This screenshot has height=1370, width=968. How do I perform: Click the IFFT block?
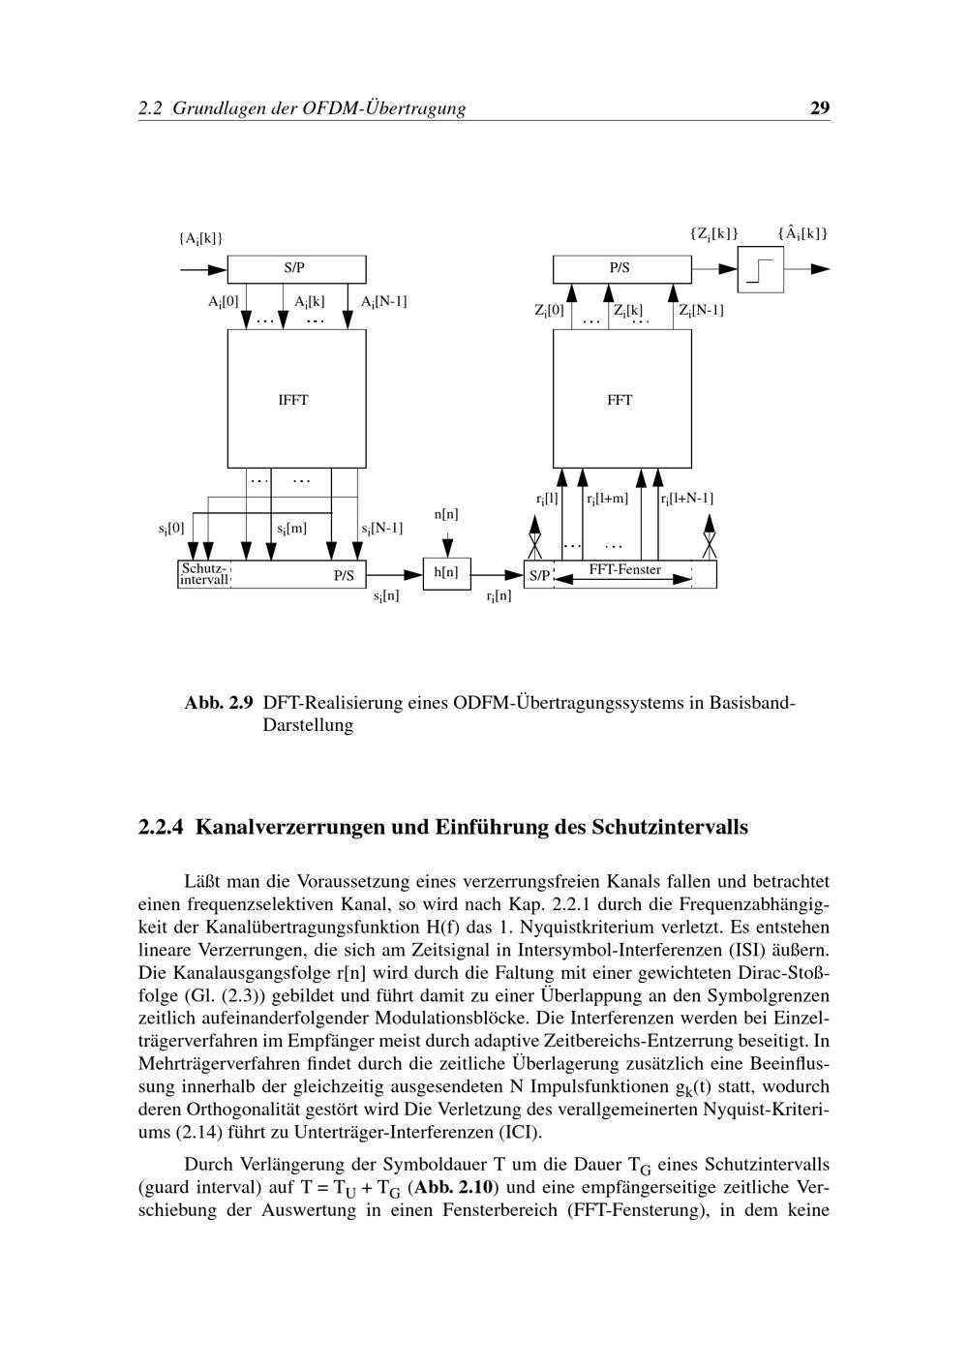pyautogui.click(x=296, y=399)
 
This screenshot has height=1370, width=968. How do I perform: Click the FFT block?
pyautogui.click(x=621, y=399)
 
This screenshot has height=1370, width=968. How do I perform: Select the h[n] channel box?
pyautogui.click(x=446, y=573)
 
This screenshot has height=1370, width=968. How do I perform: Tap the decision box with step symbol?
pyautogui.click(x=761, y=269)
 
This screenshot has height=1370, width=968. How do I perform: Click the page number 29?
pyautogui.click(x=819, y=108)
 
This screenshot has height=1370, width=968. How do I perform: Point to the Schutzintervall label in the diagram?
pyautogui.click(x=204, y=574)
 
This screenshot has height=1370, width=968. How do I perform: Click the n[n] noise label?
pyautogui.click(x=446, y=514)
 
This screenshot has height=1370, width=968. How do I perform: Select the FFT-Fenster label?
pyautogui.click(x=624, y=570)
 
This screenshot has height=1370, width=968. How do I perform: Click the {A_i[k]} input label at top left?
pyautogui.click(x=200, y=238)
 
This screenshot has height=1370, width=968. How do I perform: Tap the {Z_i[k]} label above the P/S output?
pyautogui.click(x=713, y=233)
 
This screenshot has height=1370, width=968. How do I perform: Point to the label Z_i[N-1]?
pyautogui.click(x=701, y=311)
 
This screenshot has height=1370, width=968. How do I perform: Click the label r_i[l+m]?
pyautogui.click(x=607, y=499)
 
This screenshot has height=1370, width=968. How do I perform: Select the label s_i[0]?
pyautogui.click(x=171, y=529)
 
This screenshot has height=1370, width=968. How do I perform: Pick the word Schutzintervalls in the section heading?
pyautogui.click(x=670, y=828)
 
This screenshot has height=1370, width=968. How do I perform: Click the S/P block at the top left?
pyautogui.click(x=296, y=268)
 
